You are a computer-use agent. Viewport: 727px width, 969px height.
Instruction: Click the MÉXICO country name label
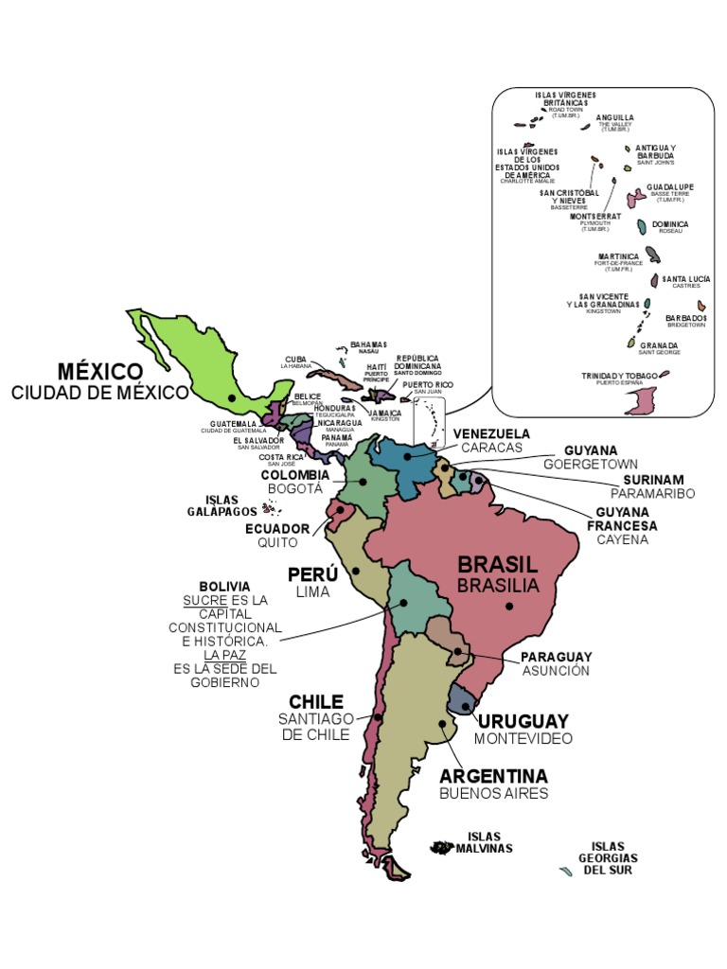coord(99,370)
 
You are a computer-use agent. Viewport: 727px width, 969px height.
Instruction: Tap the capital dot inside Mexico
coord(232,397)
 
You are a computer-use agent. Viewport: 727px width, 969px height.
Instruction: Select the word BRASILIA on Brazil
coord(498,586)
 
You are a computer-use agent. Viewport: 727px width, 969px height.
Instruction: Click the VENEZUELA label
coord(491,433)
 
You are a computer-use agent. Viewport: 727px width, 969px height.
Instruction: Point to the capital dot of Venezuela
coord(407,455)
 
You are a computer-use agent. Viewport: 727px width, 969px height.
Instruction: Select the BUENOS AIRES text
coord(493,794)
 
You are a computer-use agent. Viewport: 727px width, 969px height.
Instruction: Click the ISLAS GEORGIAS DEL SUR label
coord(608,857)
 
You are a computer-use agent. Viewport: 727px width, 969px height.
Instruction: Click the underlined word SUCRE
coord(205,600)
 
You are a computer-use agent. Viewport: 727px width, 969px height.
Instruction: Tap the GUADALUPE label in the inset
coord(670,187)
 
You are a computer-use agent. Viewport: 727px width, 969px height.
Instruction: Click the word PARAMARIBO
coord(652,494)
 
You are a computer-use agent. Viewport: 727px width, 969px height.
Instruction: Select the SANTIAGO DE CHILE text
coord(314,727)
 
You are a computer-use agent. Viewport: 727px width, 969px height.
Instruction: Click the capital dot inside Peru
coord(355,571)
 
